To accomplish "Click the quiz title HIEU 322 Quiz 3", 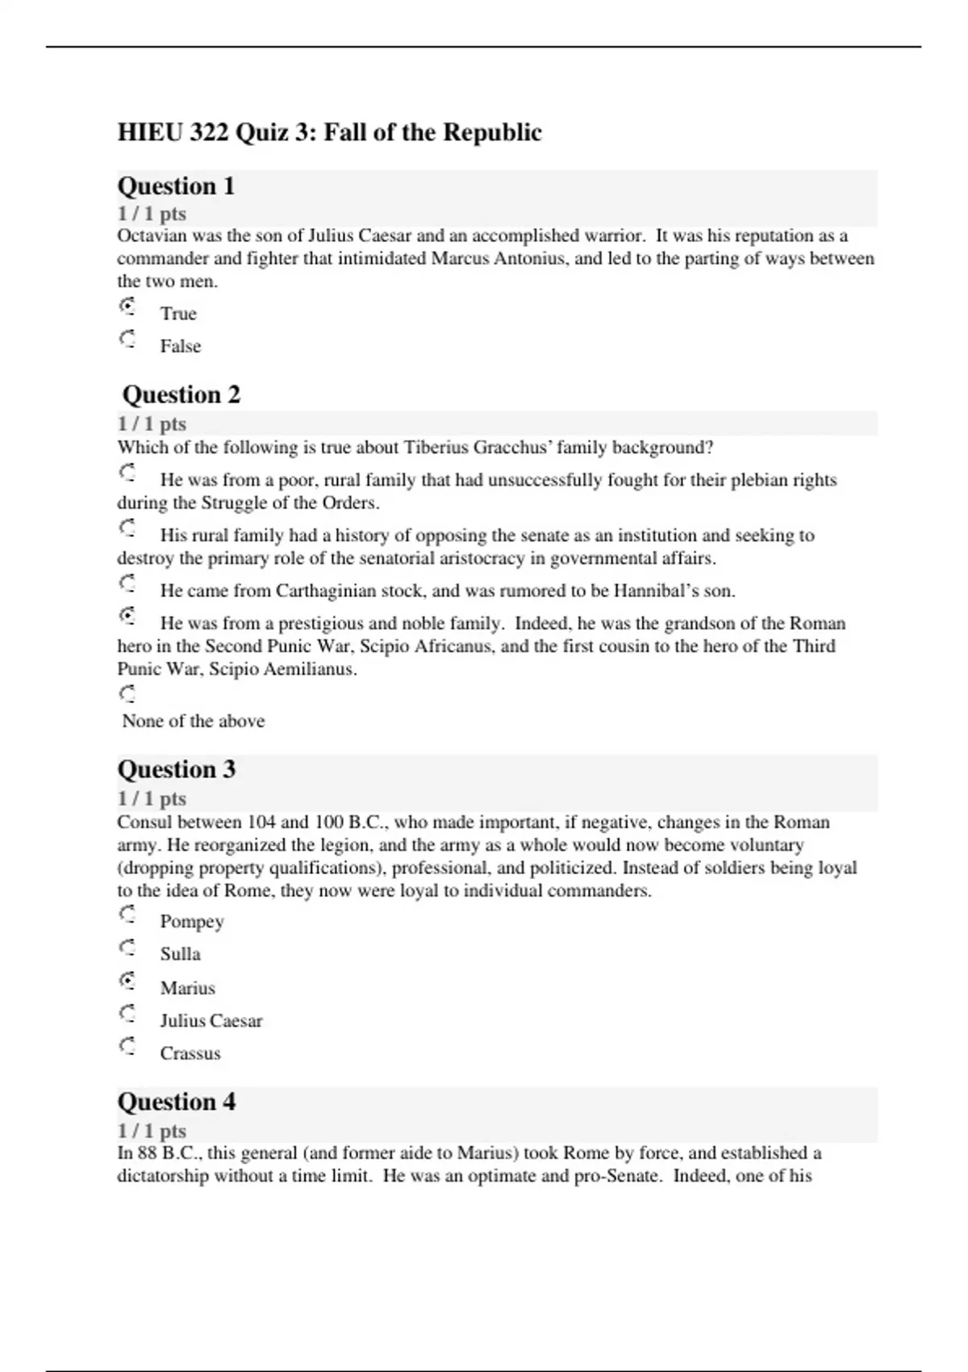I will (x=329, y=132).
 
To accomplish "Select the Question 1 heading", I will (x=176, y=186).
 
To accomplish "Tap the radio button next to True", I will (x=127, y=307).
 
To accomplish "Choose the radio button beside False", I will (x=127, y=339).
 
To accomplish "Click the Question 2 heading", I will (x=181, y=395).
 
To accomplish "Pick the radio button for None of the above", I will (x=127, y=694).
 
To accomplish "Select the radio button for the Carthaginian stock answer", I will (x=127, y=584).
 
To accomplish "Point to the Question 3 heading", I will (x=176, y=769).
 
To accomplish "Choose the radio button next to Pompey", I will (x=127, y=914).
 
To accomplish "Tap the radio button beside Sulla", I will (x=127, y=947).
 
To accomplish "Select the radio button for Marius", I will (x=127, y=981).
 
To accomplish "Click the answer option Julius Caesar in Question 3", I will (x=211, y=1021).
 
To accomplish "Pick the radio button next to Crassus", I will (x=127, y=1047).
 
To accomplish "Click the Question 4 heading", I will (x=176, y=1102).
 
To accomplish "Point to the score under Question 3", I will (x=152, y=799).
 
